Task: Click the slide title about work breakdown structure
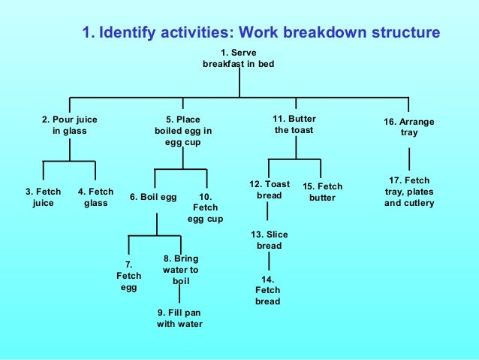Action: [261, 33]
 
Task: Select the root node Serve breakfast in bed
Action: [239, 59]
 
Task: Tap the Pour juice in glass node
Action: [70, 125]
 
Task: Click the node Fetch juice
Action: [44, 198]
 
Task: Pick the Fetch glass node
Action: [95, 198]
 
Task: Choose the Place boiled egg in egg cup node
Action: [183, 130]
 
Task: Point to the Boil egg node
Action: [153, 198]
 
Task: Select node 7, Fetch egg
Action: [128, 276]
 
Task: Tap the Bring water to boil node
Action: [180, 270]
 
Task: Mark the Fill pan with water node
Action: [179, 318]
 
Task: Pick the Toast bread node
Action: [269, 189]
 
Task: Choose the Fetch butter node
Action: [322, 192]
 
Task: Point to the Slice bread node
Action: [269, 241]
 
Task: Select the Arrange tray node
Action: [409, 128]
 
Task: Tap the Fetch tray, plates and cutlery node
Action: [409, 192]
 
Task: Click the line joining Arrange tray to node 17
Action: [409, 159]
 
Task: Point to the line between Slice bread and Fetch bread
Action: [269, 262]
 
